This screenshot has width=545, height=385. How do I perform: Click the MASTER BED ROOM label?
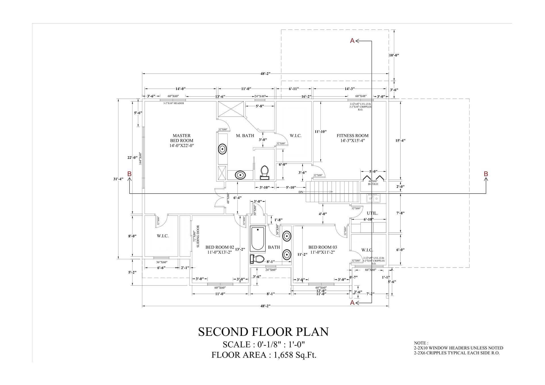point(182,140)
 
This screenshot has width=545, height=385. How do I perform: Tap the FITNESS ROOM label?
point(353,138)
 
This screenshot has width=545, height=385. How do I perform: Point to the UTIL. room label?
point(372,213)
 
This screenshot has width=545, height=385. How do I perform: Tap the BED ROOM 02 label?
point(220,249)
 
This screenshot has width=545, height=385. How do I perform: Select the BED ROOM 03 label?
point(322,249)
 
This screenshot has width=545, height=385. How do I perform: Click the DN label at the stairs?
point(301,192)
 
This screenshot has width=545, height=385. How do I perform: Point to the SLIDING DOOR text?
point(198,236)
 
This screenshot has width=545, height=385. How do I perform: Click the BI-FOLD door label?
point(373,184)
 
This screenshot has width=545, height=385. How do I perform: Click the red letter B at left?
point(129,174)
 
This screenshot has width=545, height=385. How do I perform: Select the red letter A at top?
point(352,41)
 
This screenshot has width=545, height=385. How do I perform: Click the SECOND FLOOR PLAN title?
point(263,332)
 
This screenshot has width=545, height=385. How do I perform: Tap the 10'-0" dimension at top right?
point(394,55)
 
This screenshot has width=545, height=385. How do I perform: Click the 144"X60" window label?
point(140,158)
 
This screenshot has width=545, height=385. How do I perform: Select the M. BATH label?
point(245,136)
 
